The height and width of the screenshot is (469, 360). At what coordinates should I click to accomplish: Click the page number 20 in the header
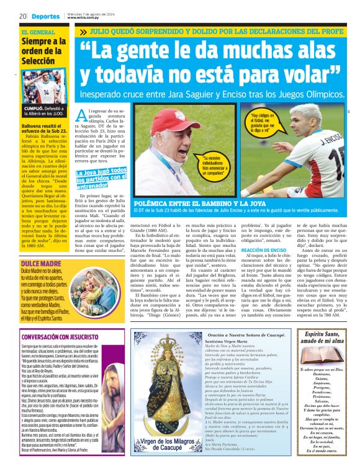point(22,16)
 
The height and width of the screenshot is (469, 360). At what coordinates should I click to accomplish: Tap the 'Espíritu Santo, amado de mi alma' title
point(322,338)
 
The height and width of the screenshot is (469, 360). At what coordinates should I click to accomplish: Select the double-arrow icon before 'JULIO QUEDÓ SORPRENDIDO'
point(83,30)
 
